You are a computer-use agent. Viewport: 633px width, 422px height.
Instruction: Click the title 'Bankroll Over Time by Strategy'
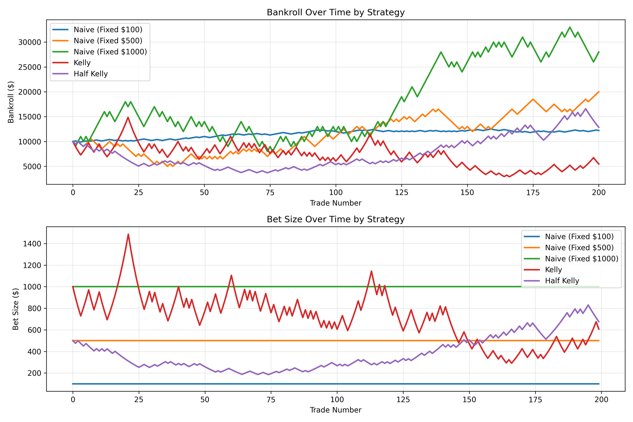coord(335,13)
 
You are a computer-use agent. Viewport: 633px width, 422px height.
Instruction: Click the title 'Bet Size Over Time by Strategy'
coord(335,219)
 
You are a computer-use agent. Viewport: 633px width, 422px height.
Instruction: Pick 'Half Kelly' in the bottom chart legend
coord(562,281)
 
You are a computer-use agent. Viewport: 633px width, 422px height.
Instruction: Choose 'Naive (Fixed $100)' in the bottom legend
coord(579,236)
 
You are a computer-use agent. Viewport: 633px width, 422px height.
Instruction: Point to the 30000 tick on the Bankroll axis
coord(32,42)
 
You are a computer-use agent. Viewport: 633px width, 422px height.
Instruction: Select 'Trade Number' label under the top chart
coord(335,203)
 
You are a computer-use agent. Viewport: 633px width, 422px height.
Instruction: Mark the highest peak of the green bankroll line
coord(570,27)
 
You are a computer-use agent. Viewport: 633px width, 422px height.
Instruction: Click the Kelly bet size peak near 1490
coord(128,234)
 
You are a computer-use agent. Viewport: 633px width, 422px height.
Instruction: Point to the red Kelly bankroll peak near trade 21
coord(128,117)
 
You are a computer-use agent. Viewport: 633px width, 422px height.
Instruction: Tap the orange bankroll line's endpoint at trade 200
coord(599,92)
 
